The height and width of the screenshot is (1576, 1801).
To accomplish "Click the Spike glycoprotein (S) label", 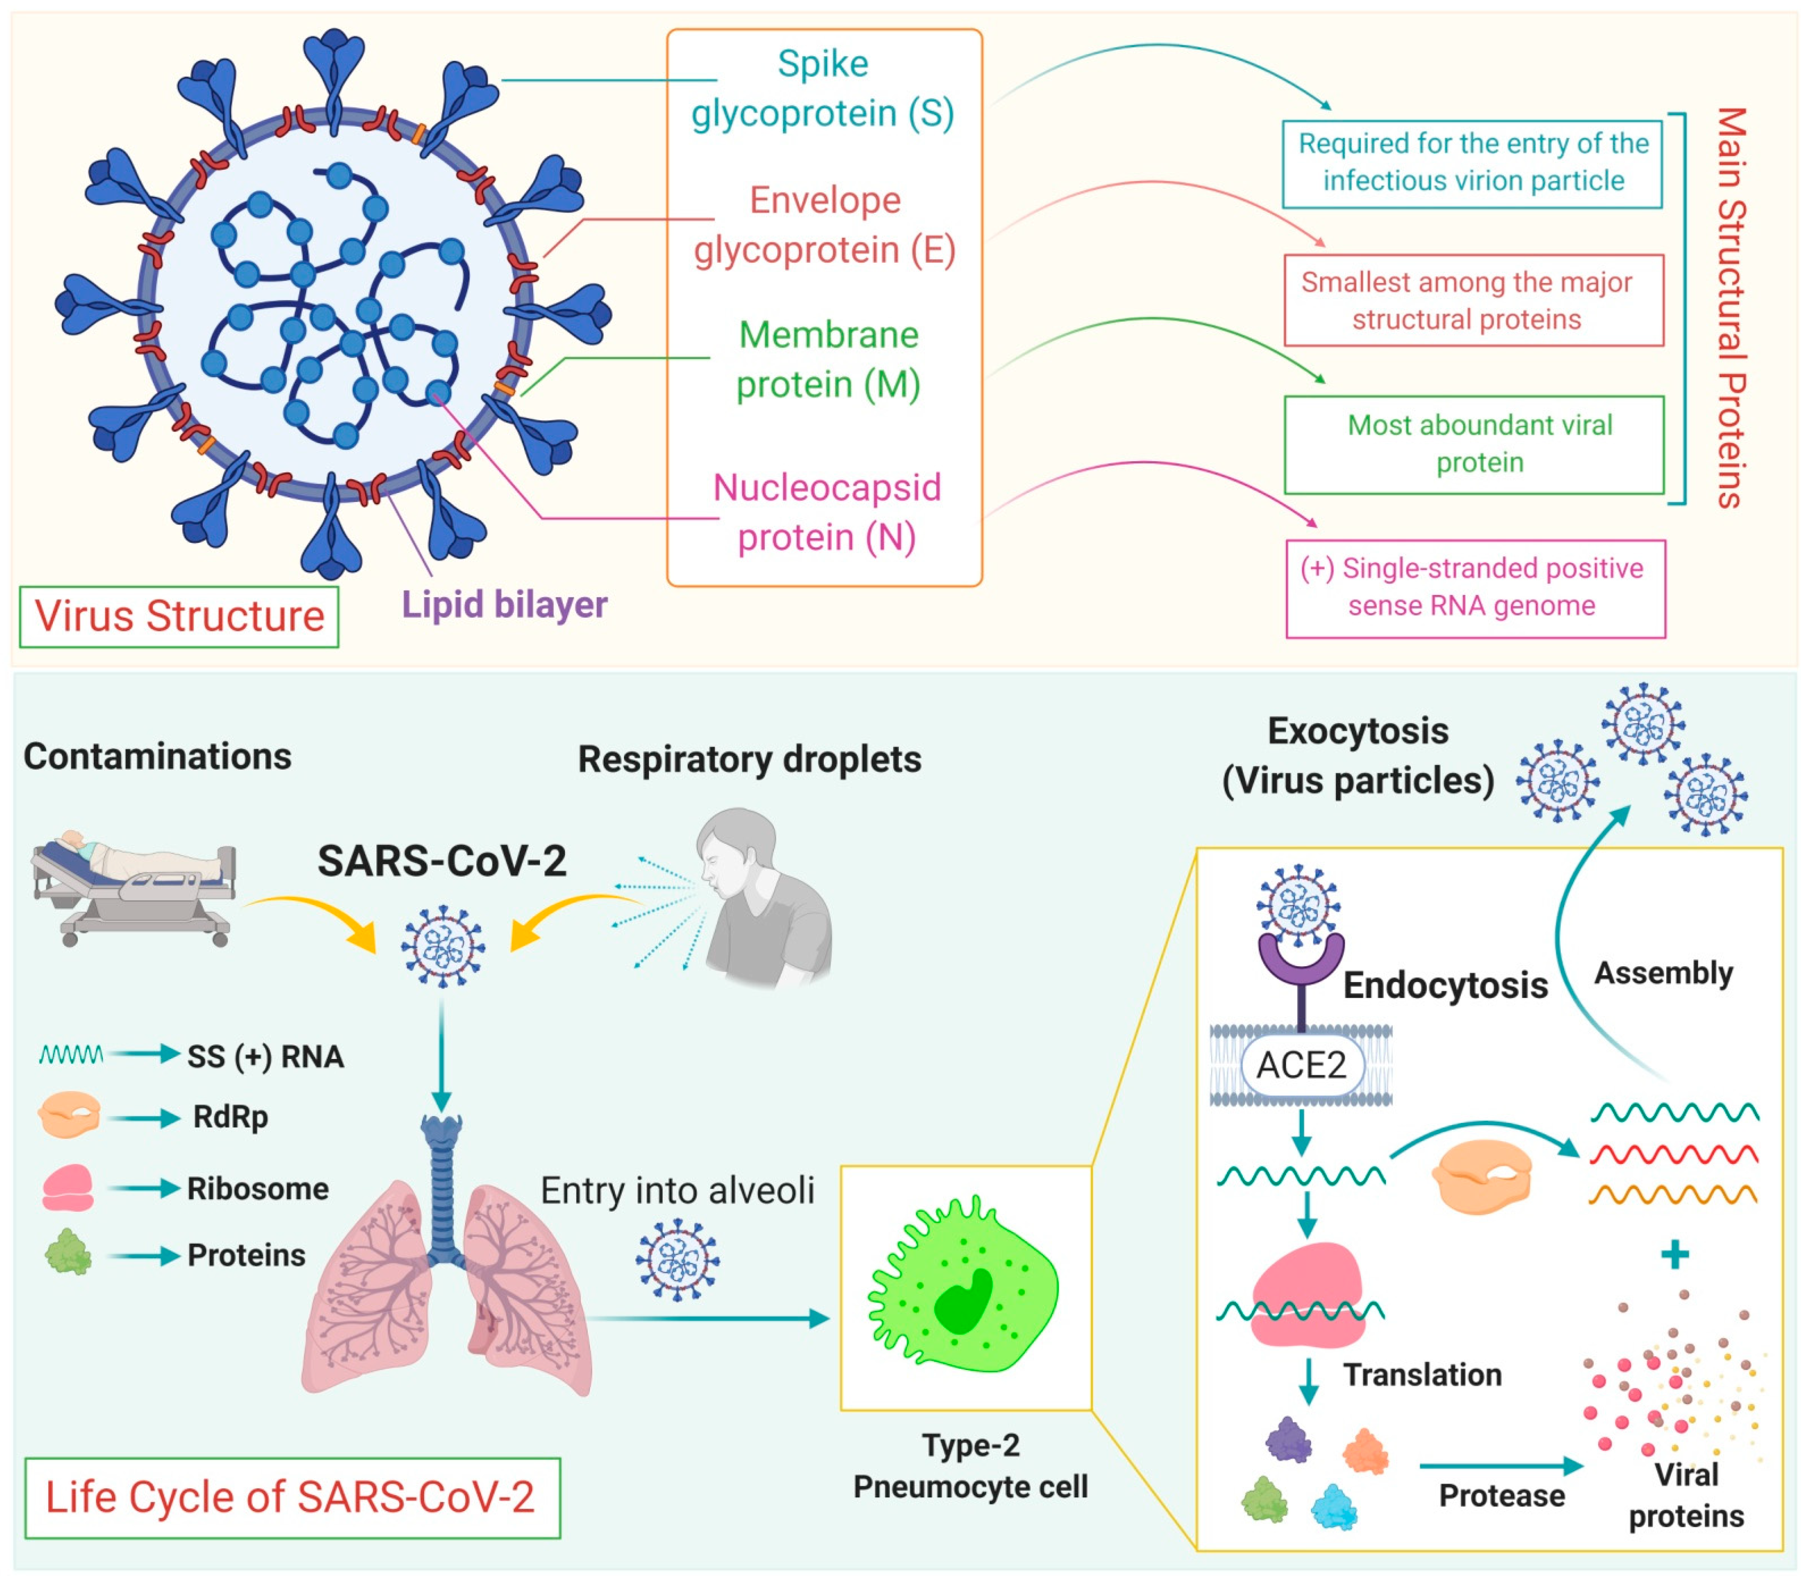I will tap(822, 88).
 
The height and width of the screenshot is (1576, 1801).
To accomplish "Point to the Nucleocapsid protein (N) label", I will tap(827, 512).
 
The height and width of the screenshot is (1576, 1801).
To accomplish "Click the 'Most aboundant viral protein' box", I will tap(1474, 444).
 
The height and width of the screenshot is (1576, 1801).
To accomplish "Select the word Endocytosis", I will tap(1445, 985).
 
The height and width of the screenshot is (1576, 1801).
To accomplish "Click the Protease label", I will tap(1501, 1495).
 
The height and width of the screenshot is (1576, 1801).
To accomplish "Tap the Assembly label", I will tap(1663, 973).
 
